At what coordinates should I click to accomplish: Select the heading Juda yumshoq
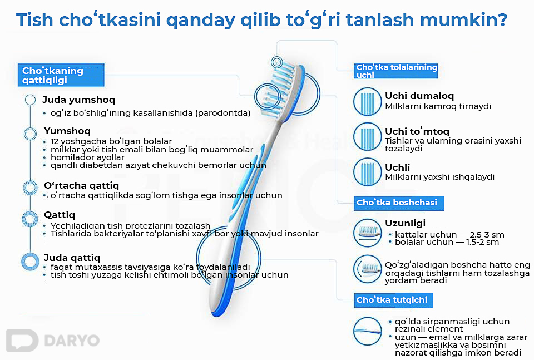[x=78, y=100]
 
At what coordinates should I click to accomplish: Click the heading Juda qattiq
[x=72, y=258]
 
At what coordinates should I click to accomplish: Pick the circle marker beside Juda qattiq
[x=29, y=261]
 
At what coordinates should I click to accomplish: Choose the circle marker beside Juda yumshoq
[x=31, y=100]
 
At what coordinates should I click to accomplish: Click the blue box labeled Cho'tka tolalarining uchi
[x=396, y=71]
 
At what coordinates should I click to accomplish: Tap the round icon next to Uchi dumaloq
[x=368, y=101]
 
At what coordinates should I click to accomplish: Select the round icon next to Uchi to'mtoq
[x=368, y=136]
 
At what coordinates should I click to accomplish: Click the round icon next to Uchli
[x=368, y=172]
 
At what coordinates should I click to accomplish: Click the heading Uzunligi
[x=405, y=223]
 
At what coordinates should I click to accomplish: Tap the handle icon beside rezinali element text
[x=368, y=332]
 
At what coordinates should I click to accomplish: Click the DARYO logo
[x=53, y=341]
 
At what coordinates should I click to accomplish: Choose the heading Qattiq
[x=60, y=215]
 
